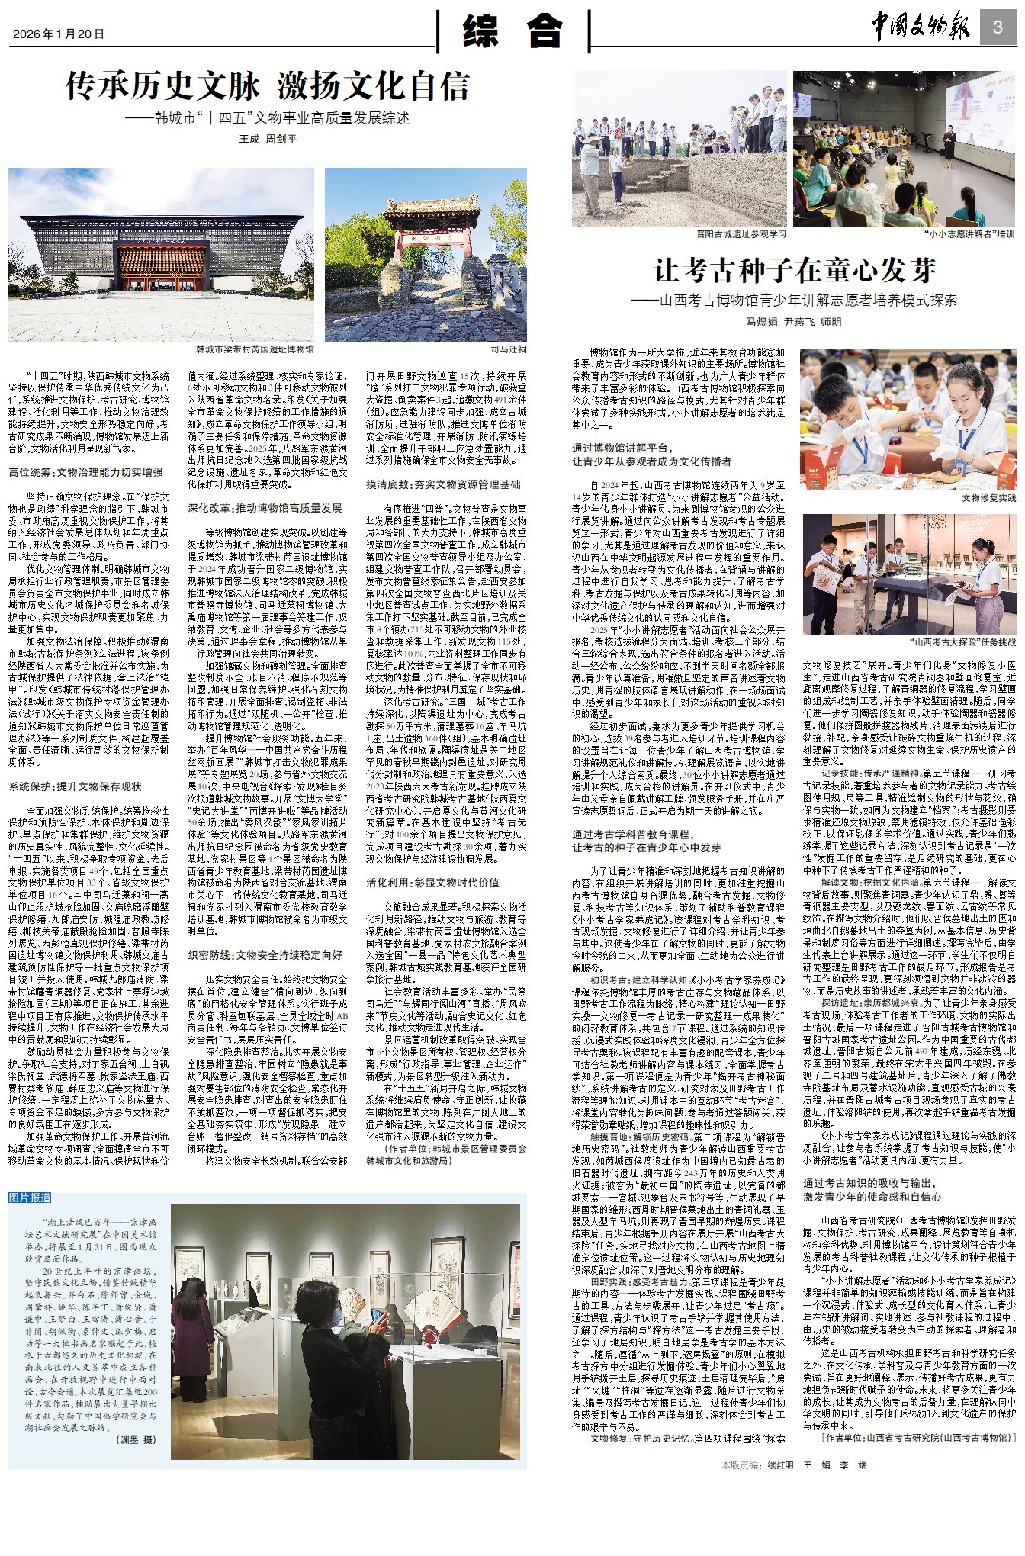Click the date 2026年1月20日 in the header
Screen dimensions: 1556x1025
pos(59,34)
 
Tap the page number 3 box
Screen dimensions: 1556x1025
pos(997,28)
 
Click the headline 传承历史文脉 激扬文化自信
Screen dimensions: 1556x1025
pos(267,87)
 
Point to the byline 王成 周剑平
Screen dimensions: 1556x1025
pos(268,140)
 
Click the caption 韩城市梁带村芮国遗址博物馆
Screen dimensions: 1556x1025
pos(255,349)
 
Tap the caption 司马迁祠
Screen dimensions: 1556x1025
pos(508,349)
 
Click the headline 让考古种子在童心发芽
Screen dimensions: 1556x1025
pos(795,270)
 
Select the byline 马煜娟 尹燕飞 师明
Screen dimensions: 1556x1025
pos(794,322)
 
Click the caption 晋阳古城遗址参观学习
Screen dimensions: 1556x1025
pos(741,234)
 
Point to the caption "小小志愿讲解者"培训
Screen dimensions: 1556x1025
pos(969,234)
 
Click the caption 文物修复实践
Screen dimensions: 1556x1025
pos(988,498)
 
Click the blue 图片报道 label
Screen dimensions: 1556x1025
pos(31,1198)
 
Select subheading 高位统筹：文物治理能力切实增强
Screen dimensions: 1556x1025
pos(86,472)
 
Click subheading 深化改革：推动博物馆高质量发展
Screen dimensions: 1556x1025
pos(265,508)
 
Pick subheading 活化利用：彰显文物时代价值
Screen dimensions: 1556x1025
pos(432,882)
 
